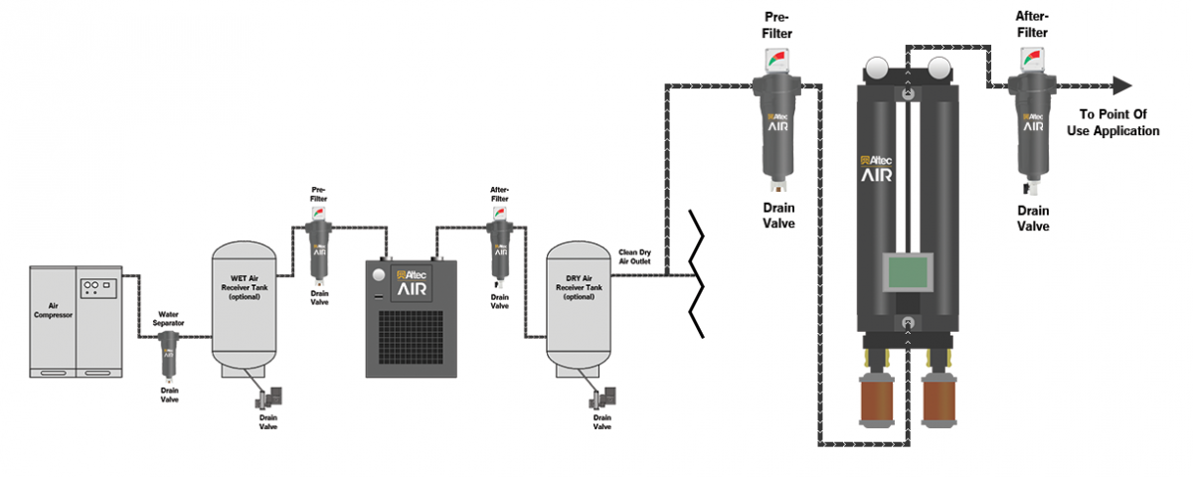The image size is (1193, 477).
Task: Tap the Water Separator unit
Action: click(169, 353)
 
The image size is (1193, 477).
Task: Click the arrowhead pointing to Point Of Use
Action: click(1122, 85)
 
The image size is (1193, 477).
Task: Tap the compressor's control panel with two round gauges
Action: click(98, 285)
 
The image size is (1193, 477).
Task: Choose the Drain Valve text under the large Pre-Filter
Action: click(777, 216)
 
